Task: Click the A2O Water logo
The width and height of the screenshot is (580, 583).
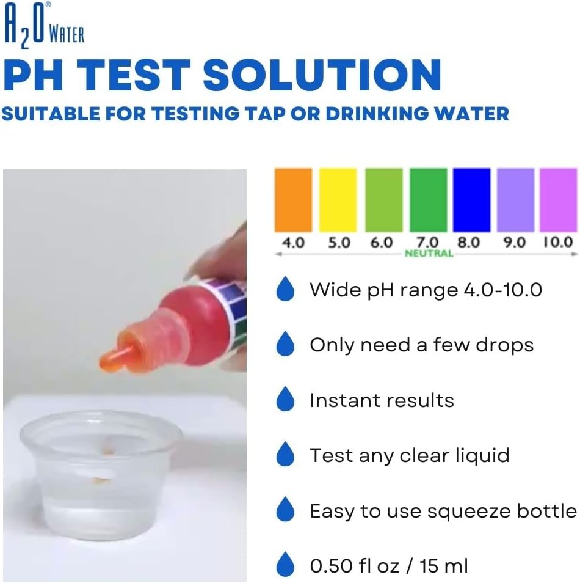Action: (x=44, y=25)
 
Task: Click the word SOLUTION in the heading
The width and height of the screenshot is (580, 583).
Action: (x=322, y=76)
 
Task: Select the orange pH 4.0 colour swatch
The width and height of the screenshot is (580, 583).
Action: (x=293, y=200)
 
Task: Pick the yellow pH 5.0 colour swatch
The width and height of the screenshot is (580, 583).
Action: (x=338, y=200)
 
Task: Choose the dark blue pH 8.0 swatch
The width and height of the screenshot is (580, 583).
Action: (x=471, y=200)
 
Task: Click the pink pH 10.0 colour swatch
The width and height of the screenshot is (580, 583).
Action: (x=559, y=200)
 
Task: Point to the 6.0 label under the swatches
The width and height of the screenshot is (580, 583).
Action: (x=382, y=243)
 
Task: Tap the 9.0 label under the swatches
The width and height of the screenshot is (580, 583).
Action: (x=515, y=243)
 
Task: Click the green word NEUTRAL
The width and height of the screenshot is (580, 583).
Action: (x=429, y=254)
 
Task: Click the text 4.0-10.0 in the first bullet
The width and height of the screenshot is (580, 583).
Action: (x=503, y=290)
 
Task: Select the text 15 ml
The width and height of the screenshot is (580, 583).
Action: (x=444, y=566)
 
